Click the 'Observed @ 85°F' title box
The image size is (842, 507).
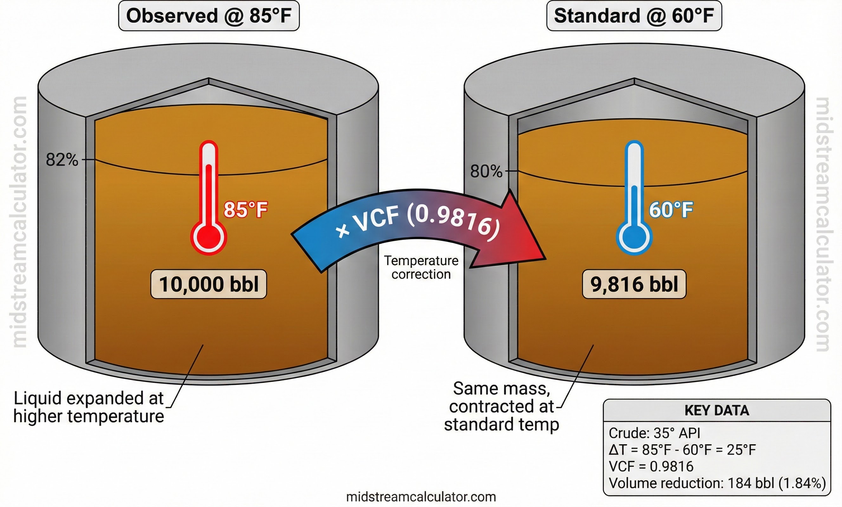(209, 16)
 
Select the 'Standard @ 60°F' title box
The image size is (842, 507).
(634, 16)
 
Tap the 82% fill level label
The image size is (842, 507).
(62, 160)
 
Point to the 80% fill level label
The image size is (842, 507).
(486, 171)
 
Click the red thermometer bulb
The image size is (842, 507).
(209, 237)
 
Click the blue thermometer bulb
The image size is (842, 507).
(634, 237)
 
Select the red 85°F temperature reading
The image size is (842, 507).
(246, 209)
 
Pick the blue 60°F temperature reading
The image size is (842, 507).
(671, 209)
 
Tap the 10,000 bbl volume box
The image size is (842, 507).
(209, 284)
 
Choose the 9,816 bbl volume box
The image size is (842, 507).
(634, 284)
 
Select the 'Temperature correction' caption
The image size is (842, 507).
(421, 267)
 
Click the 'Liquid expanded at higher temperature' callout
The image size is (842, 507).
(88, 407)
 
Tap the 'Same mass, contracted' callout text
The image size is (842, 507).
(501, 407)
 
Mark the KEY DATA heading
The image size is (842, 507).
(716, 410)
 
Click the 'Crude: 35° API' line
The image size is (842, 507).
(654, 433)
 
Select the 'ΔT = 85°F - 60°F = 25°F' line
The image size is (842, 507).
(682, 450)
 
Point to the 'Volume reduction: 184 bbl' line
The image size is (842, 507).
(717, 484)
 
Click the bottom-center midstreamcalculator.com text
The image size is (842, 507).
(421, 497)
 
